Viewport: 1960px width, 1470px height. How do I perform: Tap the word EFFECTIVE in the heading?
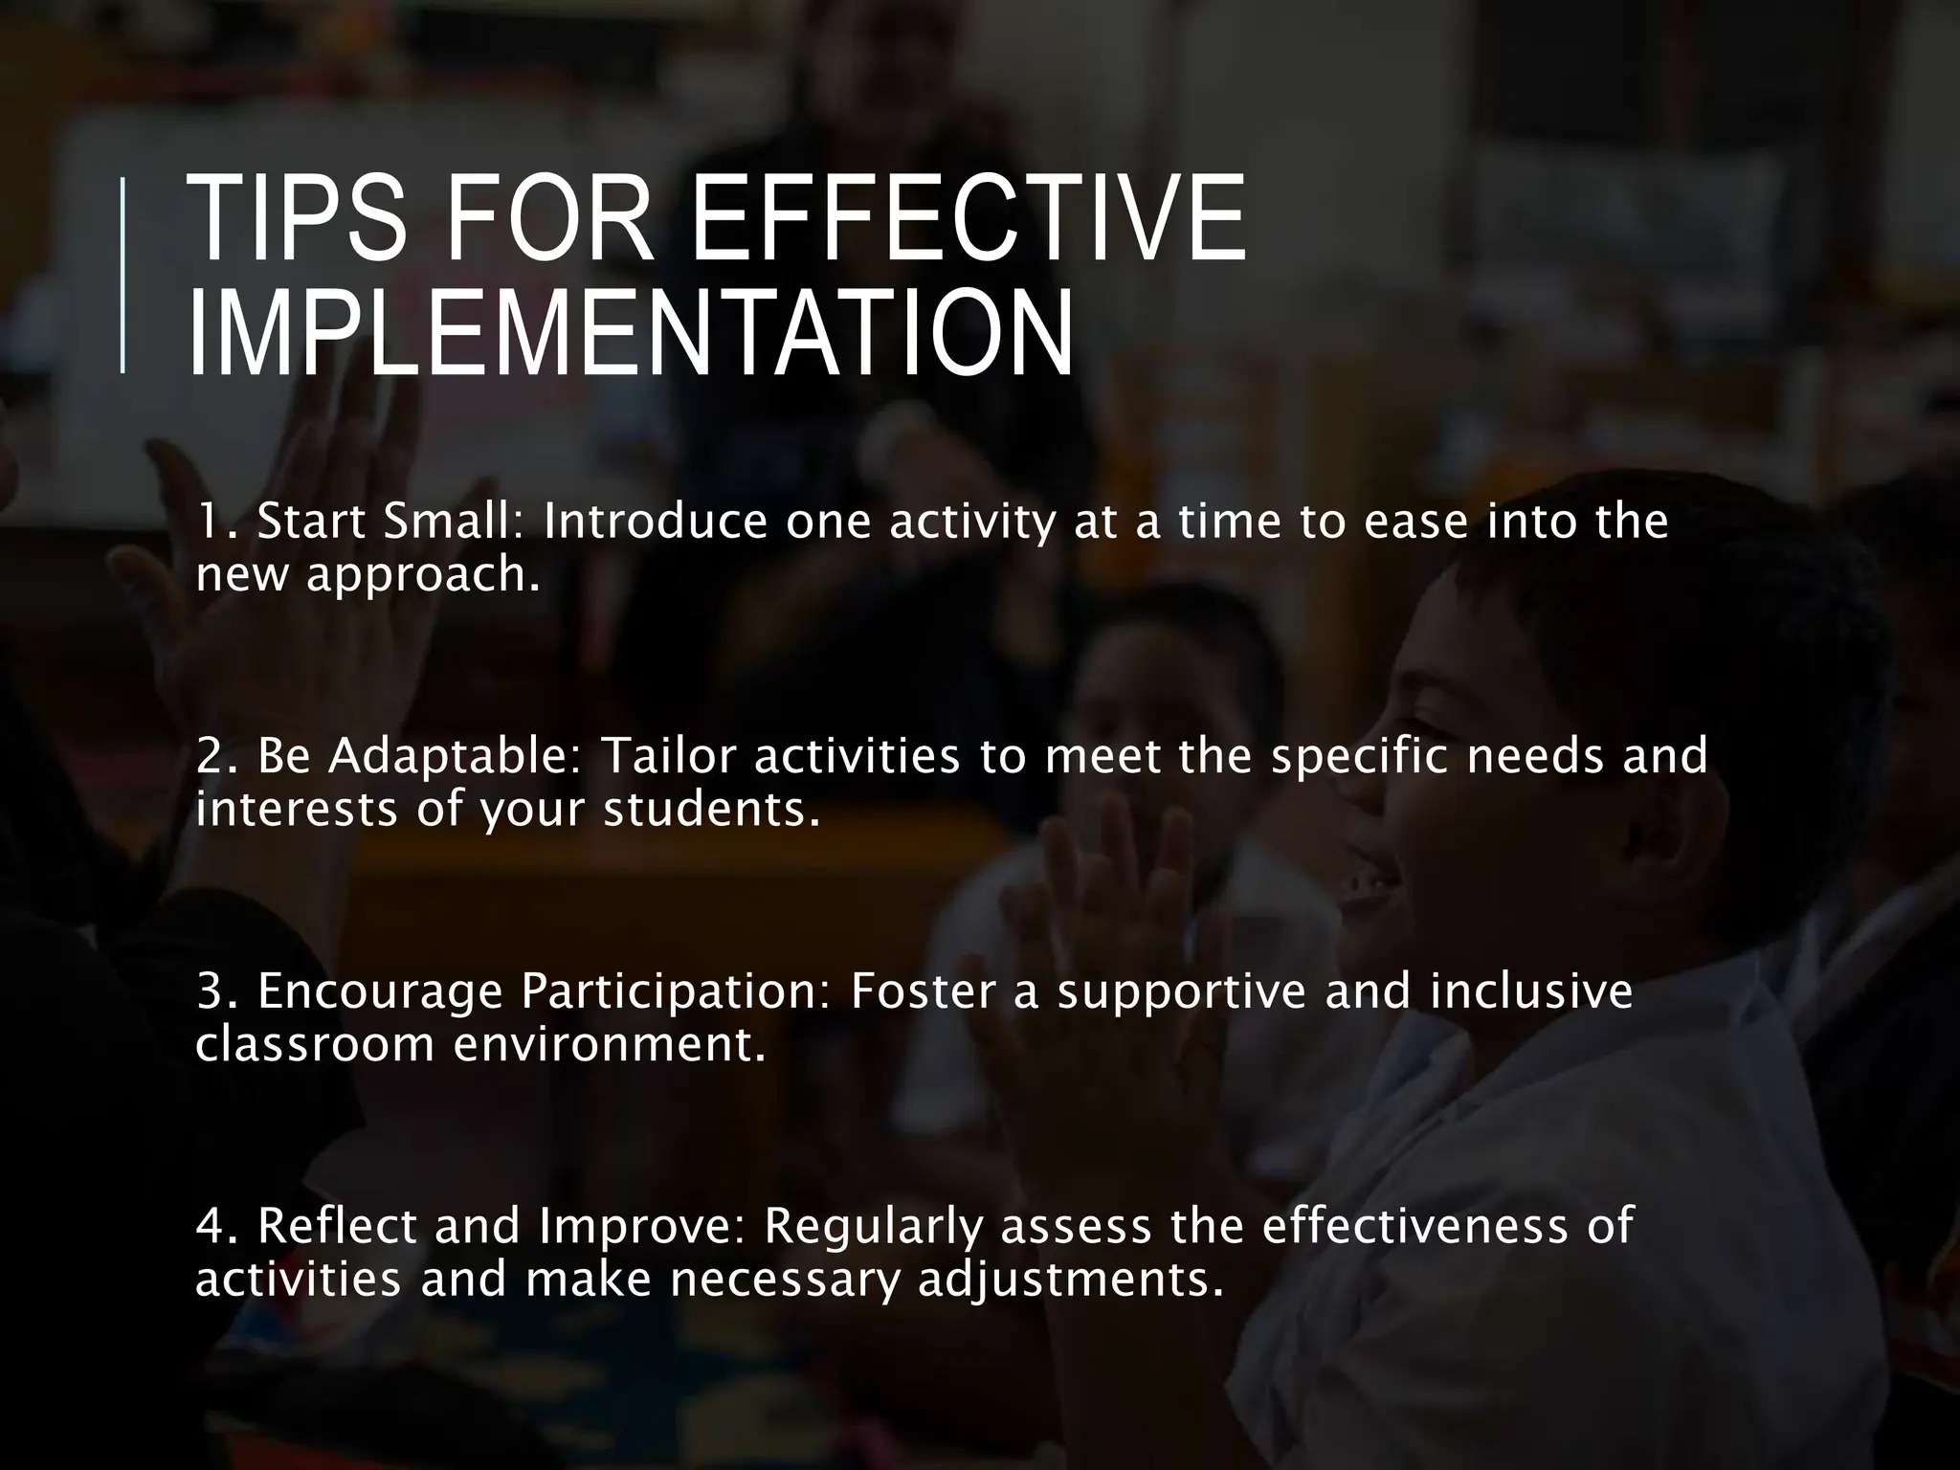968,220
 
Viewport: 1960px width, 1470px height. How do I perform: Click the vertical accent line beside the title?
122,274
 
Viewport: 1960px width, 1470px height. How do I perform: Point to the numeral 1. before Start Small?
216,523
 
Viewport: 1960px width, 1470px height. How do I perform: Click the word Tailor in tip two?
670,756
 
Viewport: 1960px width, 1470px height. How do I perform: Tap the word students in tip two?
712,810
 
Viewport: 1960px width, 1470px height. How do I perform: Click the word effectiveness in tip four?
1416,1227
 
